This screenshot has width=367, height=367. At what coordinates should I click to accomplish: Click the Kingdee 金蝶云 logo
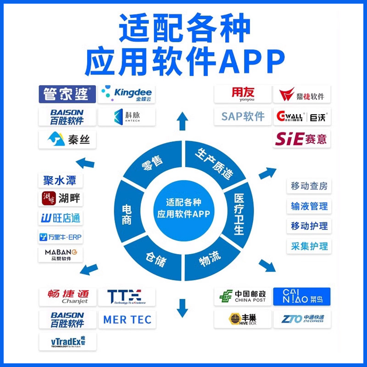click(x=126, y=94)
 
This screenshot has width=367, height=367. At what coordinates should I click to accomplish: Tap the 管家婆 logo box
click(x=67, y=94)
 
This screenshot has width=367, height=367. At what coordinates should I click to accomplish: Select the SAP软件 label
click(x=243, y=116)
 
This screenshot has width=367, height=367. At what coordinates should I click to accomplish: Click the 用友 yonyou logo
click(x=243, y=94)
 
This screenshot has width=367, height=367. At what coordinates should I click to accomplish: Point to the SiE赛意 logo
click(x=302, y=138)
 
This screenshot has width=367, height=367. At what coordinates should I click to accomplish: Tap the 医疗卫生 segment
click(x=239, y=213)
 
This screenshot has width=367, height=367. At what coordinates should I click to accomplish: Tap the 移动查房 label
click(x=309, y=186)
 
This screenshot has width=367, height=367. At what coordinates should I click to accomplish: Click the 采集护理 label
click(x=309, y=246)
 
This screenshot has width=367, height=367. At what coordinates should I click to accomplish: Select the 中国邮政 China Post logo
click(x=243, y=296)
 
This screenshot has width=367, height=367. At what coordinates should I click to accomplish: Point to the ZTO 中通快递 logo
click(x=302, y=318)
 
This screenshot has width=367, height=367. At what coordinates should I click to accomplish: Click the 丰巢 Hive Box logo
click(x=243, y=318)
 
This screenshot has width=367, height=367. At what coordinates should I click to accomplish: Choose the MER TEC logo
click(x=127, y=319)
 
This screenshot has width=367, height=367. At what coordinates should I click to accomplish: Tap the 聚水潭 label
click(x=60, y=180)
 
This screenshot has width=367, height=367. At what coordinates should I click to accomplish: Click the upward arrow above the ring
click(x=183, y=122)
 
